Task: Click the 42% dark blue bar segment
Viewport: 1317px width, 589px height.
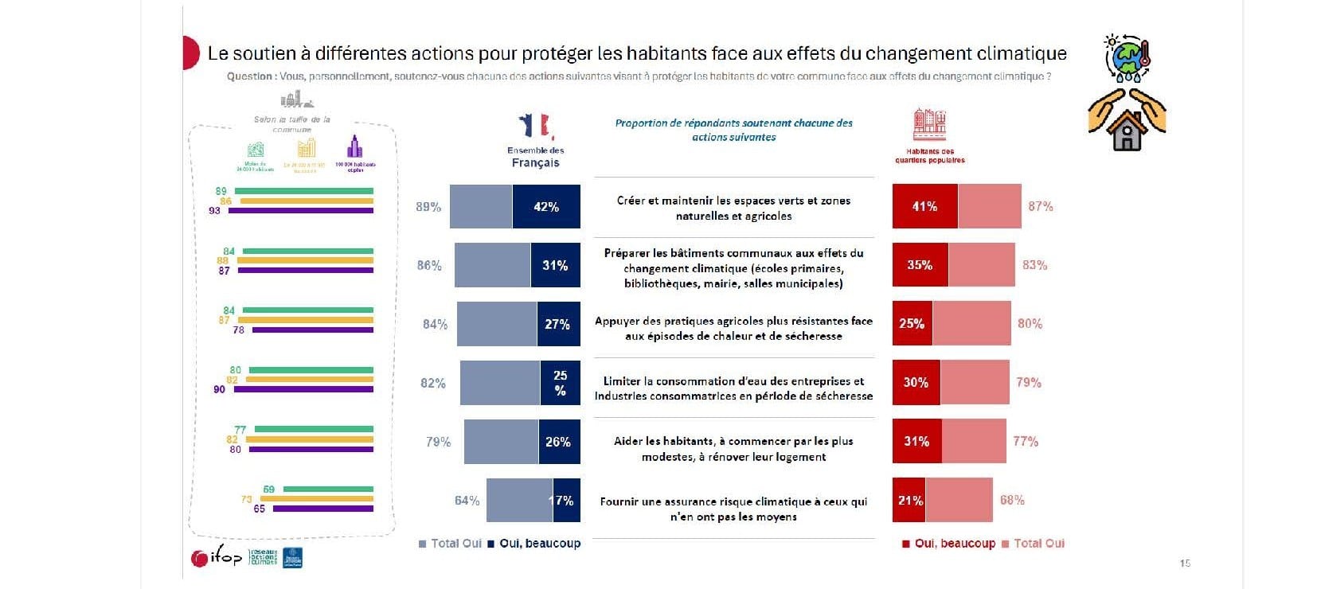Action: (x=546, y=207)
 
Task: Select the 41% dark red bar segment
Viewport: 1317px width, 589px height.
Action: (x=924, y=206)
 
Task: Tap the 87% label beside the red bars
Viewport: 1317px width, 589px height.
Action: (x=1040, y=206)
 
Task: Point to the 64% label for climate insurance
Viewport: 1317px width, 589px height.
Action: (x=467, y=501)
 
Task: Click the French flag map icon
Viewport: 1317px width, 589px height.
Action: (x=535, y=127)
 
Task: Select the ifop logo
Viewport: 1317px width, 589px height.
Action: (x=217, y=557)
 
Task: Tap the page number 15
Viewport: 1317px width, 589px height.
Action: (x=1185, y=564)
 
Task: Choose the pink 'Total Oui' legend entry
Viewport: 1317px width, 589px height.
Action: (x=1033, y=544)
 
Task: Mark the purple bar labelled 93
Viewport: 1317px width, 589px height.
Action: (x=306, y=211)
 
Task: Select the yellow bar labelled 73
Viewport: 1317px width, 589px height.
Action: (x=316, y=499)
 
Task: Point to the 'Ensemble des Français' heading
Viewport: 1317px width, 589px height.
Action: (x=535, y=157)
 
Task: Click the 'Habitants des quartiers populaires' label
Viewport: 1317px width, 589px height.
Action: (x=929, y=155)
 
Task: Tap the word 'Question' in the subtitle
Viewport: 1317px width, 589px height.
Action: (x=249, y=76)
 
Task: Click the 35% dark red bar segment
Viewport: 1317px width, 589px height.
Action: (x=920, y=265)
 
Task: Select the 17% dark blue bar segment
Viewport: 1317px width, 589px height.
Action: (x=566, y=501)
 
